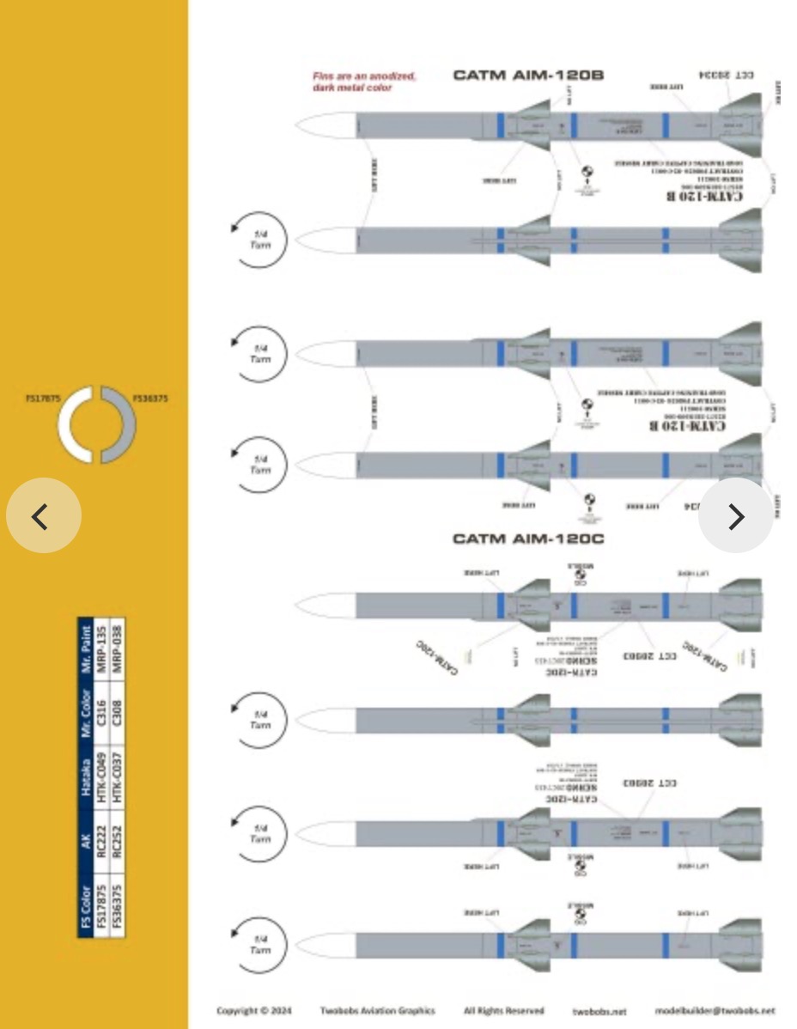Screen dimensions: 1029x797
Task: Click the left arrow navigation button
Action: [43, 516]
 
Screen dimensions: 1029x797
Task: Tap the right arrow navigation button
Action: [736, 516]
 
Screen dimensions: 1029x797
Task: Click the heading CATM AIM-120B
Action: [528, 76]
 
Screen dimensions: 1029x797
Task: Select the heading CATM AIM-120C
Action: [528, 539]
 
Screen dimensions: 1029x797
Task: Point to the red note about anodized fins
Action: [364, 82]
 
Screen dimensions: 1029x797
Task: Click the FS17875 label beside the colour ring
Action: [42, 399]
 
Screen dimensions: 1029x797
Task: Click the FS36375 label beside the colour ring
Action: [150, 399]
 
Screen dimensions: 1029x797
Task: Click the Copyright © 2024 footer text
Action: [253, 1011]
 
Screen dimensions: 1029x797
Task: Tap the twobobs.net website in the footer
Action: [599, 1012]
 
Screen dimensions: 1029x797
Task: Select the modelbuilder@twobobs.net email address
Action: [715, 1011]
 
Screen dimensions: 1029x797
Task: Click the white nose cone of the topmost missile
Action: [326, 126]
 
